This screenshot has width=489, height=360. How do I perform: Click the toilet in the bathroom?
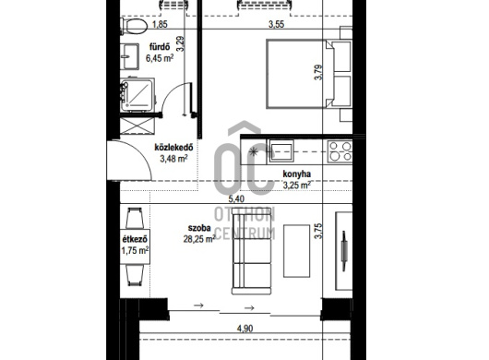click(x=134, y=26)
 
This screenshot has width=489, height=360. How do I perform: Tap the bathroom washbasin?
click(x=130, y=56)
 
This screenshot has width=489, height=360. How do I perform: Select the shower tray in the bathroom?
click(x=137, y=95)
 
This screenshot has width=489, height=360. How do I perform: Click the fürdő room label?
click(x=160, y=47)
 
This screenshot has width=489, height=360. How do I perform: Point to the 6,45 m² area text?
click(x=160, y=58)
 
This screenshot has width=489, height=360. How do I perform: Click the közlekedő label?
click(x=173, y=148)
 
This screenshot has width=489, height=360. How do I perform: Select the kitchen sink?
click(x=281, y=151)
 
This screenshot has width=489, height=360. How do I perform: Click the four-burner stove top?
click(x=340, y=151)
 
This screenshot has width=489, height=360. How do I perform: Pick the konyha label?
click(x=296, y=174)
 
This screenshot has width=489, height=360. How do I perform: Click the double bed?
click(x=309, y=74)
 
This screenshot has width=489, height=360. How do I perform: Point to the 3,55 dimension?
click(x=276, y=24)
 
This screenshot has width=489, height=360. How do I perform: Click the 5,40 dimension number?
click(x=236, y=198)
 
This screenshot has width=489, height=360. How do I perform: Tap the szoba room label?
click(x=199, y=228)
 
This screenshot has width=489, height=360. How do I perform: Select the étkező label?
click(x=135, y=239)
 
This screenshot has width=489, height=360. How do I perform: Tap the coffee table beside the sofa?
click(x=296, y=251)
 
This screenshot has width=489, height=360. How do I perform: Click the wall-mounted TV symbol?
click(x=344, y=251)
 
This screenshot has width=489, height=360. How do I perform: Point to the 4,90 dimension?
click(x=244, y=329)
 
